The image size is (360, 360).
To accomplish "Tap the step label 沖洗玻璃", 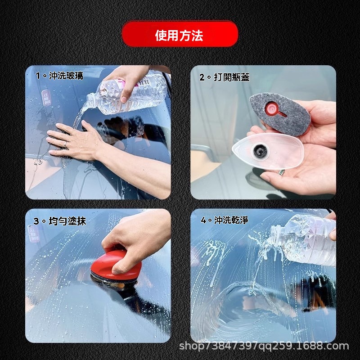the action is click(x=66, y=76).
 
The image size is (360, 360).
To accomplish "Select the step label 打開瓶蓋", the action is click(x=232, y=77).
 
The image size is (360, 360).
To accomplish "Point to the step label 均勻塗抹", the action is click(x=67, y=221).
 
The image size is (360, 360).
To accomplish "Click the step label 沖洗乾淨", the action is click(x=231, y=220).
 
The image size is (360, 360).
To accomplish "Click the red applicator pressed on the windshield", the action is click(x=116, y=266).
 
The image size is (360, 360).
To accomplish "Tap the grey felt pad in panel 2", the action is click(x=280, y=113).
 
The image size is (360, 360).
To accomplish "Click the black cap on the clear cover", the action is click(x=260, y=151).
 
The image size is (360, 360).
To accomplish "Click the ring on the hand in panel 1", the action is click(x=66, y=144).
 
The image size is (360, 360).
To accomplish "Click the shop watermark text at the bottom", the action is click(x=264, y=346).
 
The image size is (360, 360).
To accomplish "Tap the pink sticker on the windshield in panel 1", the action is click(x=46, y=98).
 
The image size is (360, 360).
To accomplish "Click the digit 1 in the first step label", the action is click(x=38, y=76).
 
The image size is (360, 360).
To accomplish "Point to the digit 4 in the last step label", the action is click(x=204, y=220).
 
